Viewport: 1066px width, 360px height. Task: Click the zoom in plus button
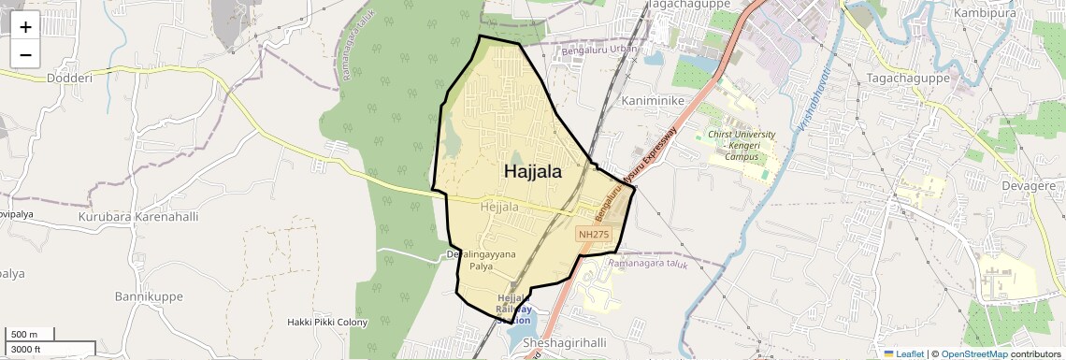click(25, 27)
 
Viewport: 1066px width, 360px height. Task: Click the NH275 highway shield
click(594, 235)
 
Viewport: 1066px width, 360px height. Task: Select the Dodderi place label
click(70, 79)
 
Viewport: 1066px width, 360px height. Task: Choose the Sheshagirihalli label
click(569, 343)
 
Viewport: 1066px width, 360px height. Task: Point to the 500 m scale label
click(25, 334)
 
